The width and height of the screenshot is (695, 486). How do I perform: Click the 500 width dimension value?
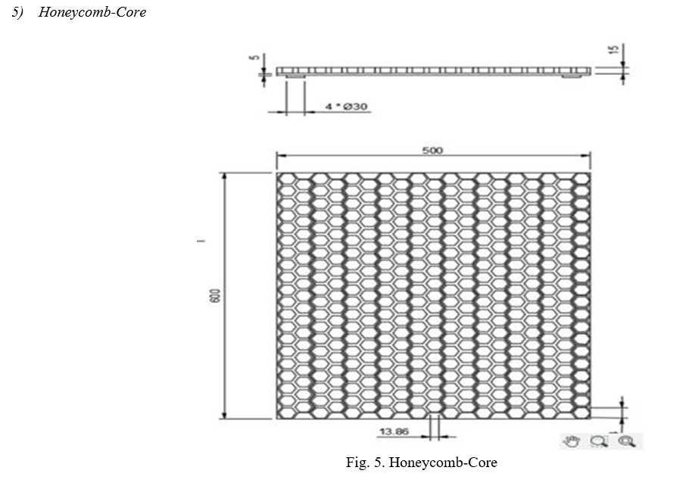pyautogui.click(x=432, y=150)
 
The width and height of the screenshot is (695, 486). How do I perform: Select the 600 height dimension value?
pyautogui.click(x=214, y=295)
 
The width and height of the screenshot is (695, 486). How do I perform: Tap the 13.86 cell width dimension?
pyautogui.click(x=394, y=431)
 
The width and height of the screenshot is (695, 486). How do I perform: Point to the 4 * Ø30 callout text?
pyautogui.click(x=346, y=106)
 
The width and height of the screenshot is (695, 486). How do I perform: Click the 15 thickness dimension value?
pyautogui.click(x=614, y=50)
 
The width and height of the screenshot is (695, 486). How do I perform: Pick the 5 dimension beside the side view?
pyautogui.click(x=254, y=57)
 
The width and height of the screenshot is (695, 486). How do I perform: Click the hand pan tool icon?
pyautogui.click(x=572, y=441)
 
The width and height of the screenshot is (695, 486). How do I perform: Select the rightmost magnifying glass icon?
pyautogui.click(x=627, y=441)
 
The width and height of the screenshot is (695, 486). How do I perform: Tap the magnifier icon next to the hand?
pyautogui.click(x=599, y=441)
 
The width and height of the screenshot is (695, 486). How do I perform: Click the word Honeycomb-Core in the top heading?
pyautogui.click(x=92, y=12)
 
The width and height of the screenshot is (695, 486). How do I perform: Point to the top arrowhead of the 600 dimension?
pyautogui.click(x=224, y=176)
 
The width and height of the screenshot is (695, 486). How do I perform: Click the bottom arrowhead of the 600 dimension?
pyautogui.click(x=224, y=415)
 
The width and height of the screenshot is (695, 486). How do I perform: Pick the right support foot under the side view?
pyautogui.click(x=572, y=77)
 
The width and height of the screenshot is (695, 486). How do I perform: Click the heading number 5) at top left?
pyautogui.click(x=17, y=12)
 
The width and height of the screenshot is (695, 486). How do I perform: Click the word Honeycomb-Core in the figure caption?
pyautogui.click(x=443, y=462)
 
